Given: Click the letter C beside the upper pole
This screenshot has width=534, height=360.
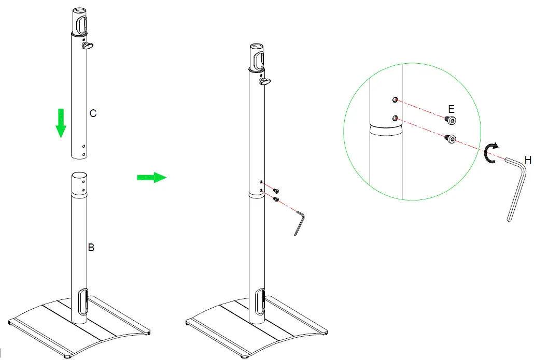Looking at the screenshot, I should [x=93, y=113].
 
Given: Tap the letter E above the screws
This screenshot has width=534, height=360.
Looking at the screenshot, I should [x=451, y=109].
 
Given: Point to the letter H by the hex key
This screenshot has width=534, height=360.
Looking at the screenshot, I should [x=528, y=161].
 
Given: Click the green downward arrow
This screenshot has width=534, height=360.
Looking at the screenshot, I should [x=61, y=123].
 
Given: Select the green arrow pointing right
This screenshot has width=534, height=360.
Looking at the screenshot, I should [x=151, y=177].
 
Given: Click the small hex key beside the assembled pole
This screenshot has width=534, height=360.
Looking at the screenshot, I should [x=300, y=221].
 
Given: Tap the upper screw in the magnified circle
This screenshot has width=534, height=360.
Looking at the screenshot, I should [x=451, y=121].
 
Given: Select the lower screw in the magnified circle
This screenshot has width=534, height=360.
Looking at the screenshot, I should [x=451, y=139].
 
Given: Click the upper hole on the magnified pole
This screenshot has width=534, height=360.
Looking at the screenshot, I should [x=396, y=99].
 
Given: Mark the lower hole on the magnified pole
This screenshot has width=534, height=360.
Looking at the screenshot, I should [x=396, y=119].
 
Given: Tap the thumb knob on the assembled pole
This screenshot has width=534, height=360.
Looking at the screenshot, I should [x=266, y=81].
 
